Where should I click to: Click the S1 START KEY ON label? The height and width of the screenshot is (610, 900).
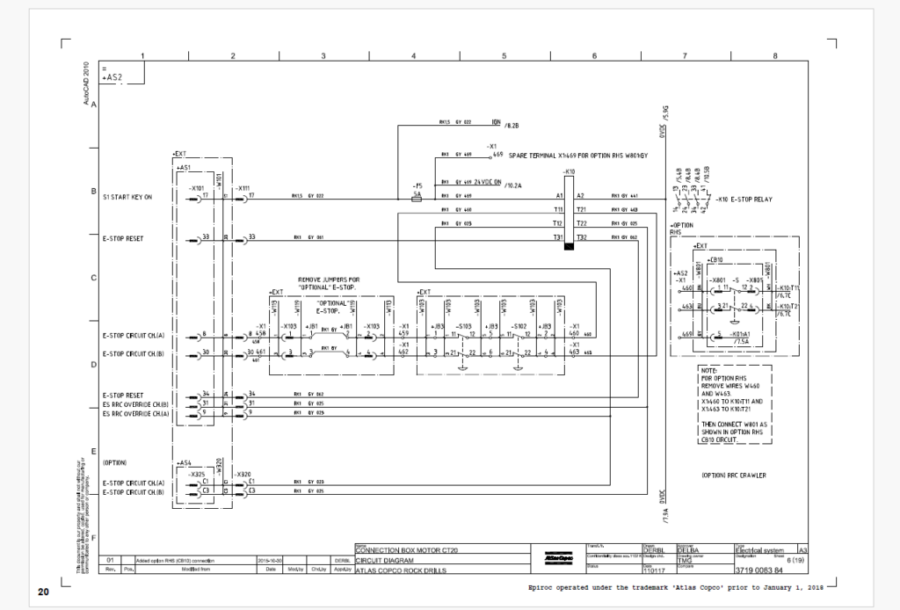coord(127,197)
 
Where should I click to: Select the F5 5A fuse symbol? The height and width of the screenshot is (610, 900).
coord(417,199)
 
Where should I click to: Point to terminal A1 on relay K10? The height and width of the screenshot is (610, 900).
coord(559,195)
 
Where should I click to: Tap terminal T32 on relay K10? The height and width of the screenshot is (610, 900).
coord(581,238)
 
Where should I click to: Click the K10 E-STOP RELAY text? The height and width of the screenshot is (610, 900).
coord(745,200)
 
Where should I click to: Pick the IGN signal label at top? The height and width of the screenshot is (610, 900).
coord(496,123)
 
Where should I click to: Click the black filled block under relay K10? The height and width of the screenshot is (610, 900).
coord(570,247)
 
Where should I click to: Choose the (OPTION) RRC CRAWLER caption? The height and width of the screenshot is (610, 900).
coord(734,476)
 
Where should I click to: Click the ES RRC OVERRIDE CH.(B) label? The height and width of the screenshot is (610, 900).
coord(134,404)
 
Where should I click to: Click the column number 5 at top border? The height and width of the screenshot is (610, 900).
coord(504,55)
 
